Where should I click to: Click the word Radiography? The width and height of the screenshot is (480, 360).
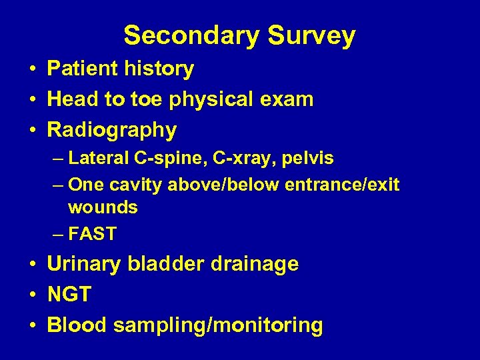point(111,130)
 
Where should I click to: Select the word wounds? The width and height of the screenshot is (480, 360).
point(103,207)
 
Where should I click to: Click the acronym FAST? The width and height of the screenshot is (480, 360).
point(92,234)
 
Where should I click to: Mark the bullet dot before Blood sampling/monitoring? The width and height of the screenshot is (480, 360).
point(33,326)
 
